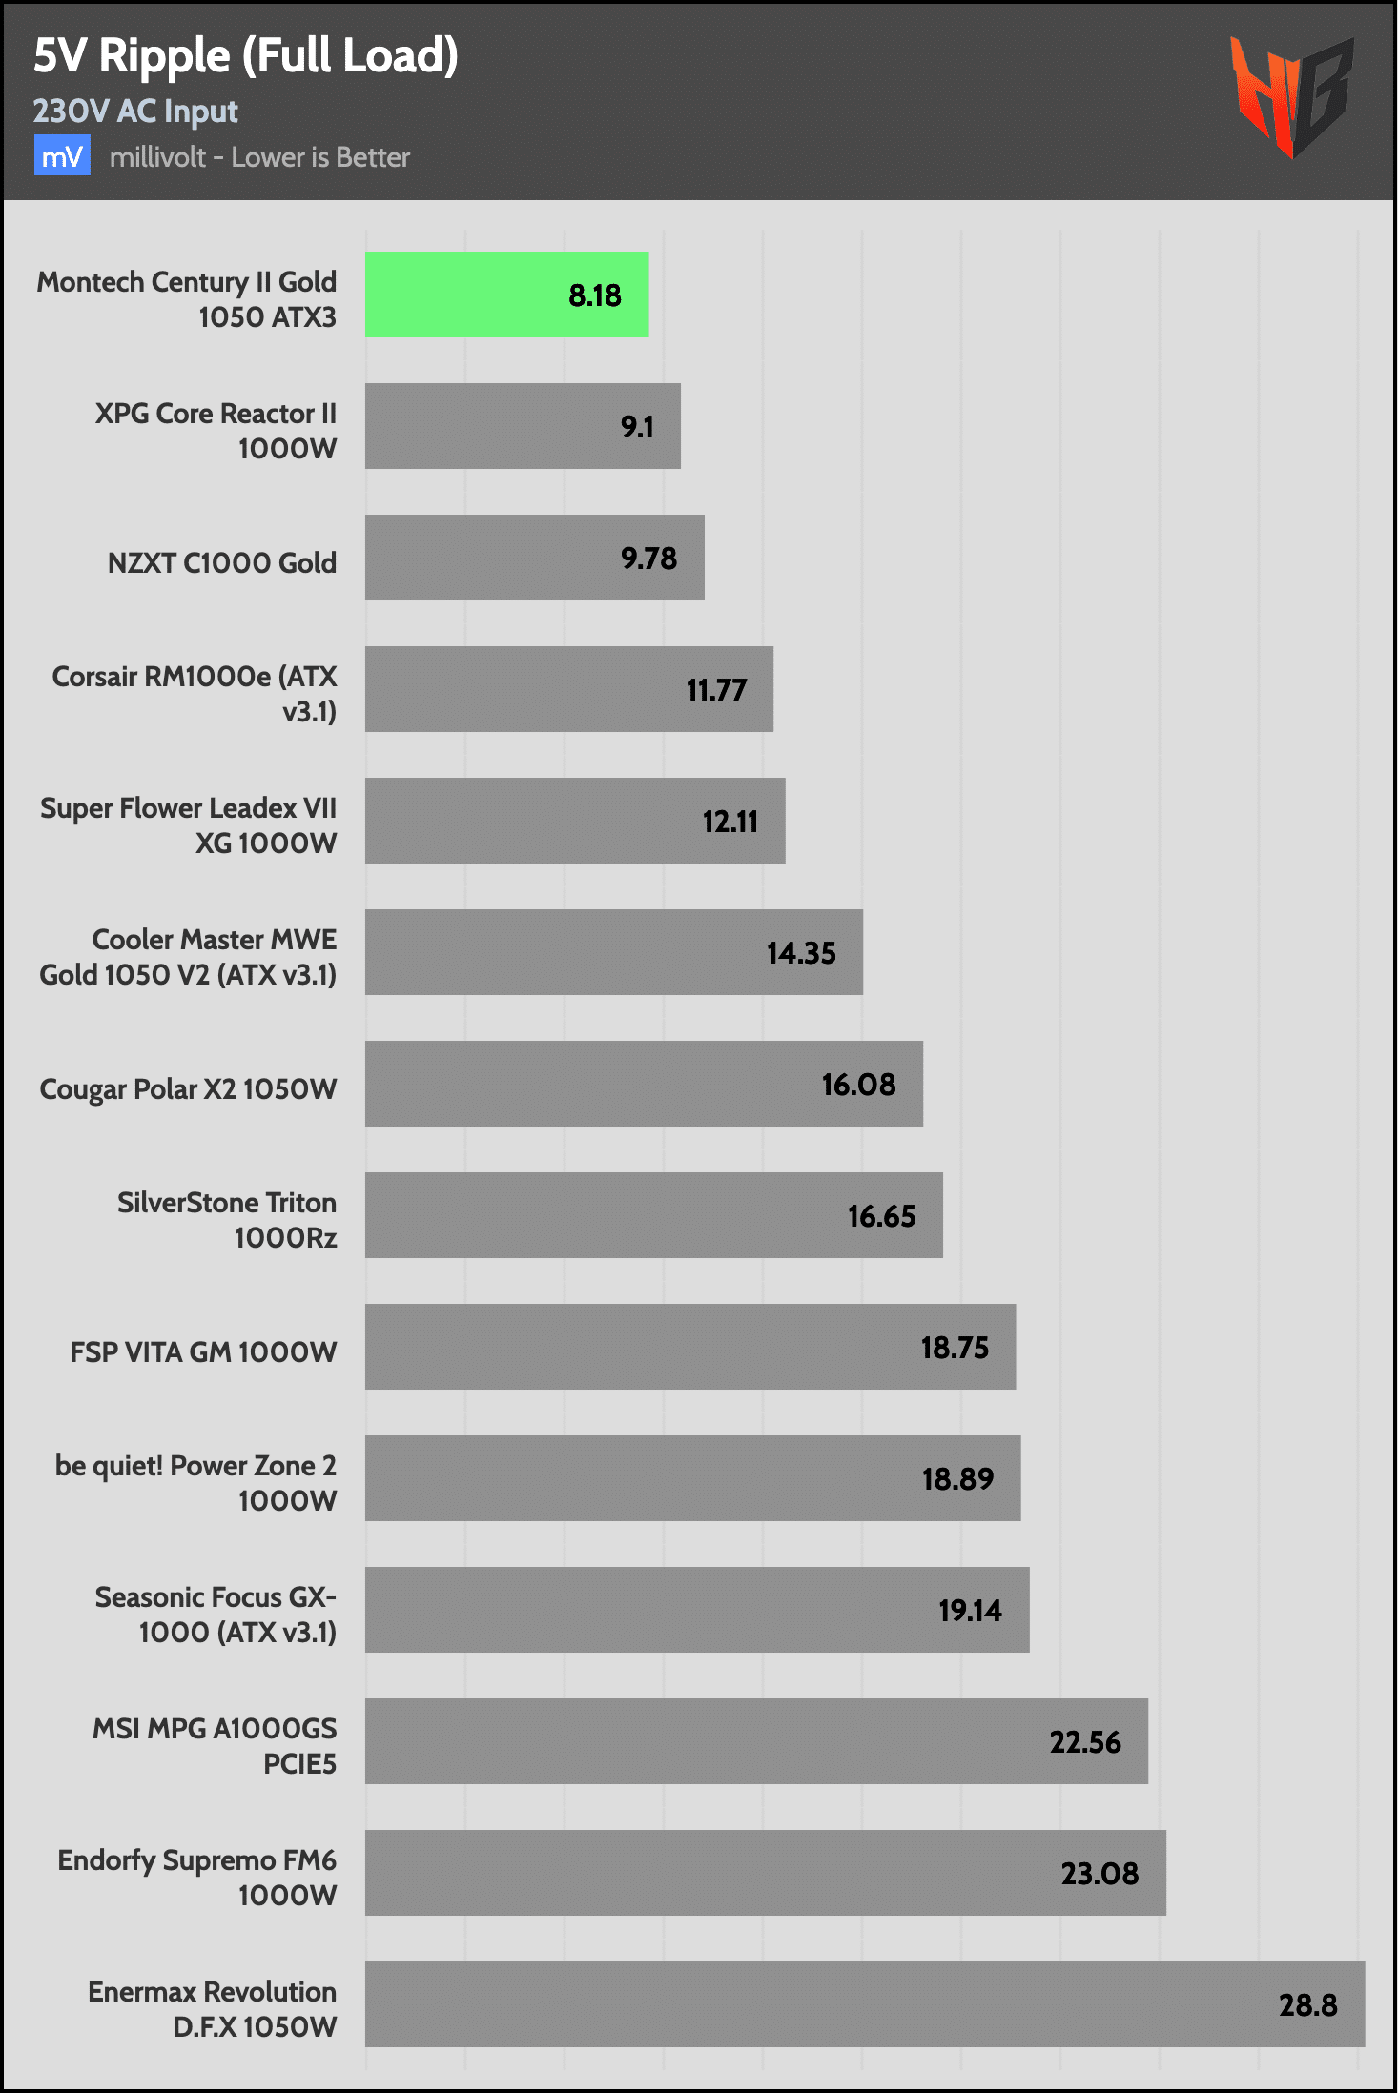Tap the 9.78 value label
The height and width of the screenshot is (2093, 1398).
[x=648, y=559]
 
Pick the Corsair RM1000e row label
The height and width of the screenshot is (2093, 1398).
[x=195, y=694]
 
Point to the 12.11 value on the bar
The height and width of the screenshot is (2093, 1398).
[x=730, y=822]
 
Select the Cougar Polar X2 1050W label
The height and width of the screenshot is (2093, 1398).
[x=188, y=1089]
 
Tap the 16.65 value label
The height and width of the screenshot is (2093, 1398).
[x=881, y=1216]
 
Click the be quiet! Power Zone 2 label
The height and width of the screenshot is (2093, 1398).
[x=195, y=1483]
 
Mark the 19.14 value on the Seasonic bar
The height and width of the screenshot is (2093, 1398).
[x=970, y=1611]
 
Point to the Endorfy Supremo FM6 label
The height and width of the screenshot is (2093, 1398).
[x=196, y=1878]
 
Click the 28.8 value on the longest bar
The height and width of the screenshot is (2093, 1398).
[x=1307, y=2005]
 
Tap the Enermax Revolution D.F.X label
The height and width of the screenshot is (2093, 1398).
[x=212, y=2009]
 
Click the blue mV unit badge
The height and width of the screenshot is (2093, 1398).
[x=62, y=156]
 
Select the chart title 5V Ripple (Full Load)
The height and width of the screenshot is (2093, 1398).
[x=246, y=55]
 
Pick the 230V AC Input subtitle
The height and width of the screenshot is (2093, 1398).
[x=135, y=112]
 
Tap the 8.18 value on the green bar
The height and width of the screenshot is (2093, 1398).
[x=594, y=295]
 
